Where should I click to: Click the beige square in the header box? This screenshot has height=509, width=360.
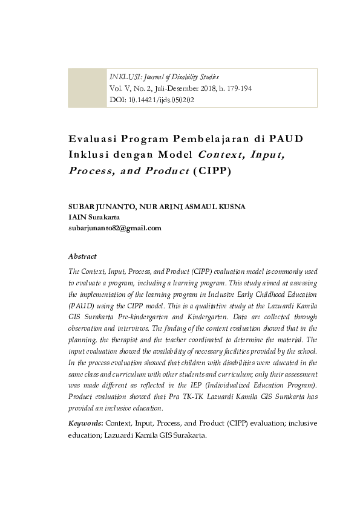point(88,88)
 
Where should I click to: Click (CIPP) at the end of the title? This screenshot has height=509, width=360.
point(212,170)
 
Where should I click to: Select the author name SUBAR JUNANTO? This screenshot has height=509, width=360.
point(101,207)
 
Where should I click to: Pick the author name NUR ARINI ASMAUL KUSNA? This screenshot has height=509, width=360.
point(192,207)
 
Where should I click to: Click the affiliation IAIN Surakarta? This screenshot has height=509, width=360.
point(94,217)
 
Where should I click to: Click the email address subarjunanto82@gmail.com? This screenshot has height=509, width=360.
point(115,228)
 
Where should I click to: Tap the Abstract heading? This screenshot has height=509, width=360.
point(82,256)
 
